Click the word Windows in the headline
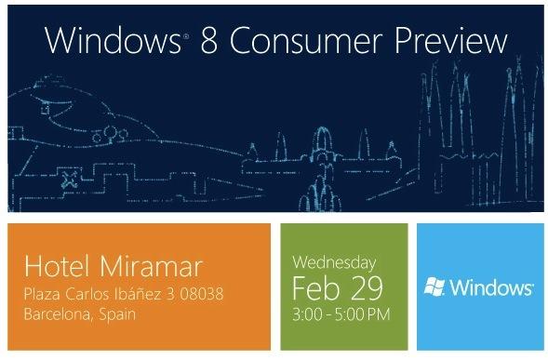(x=103, y=42)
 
